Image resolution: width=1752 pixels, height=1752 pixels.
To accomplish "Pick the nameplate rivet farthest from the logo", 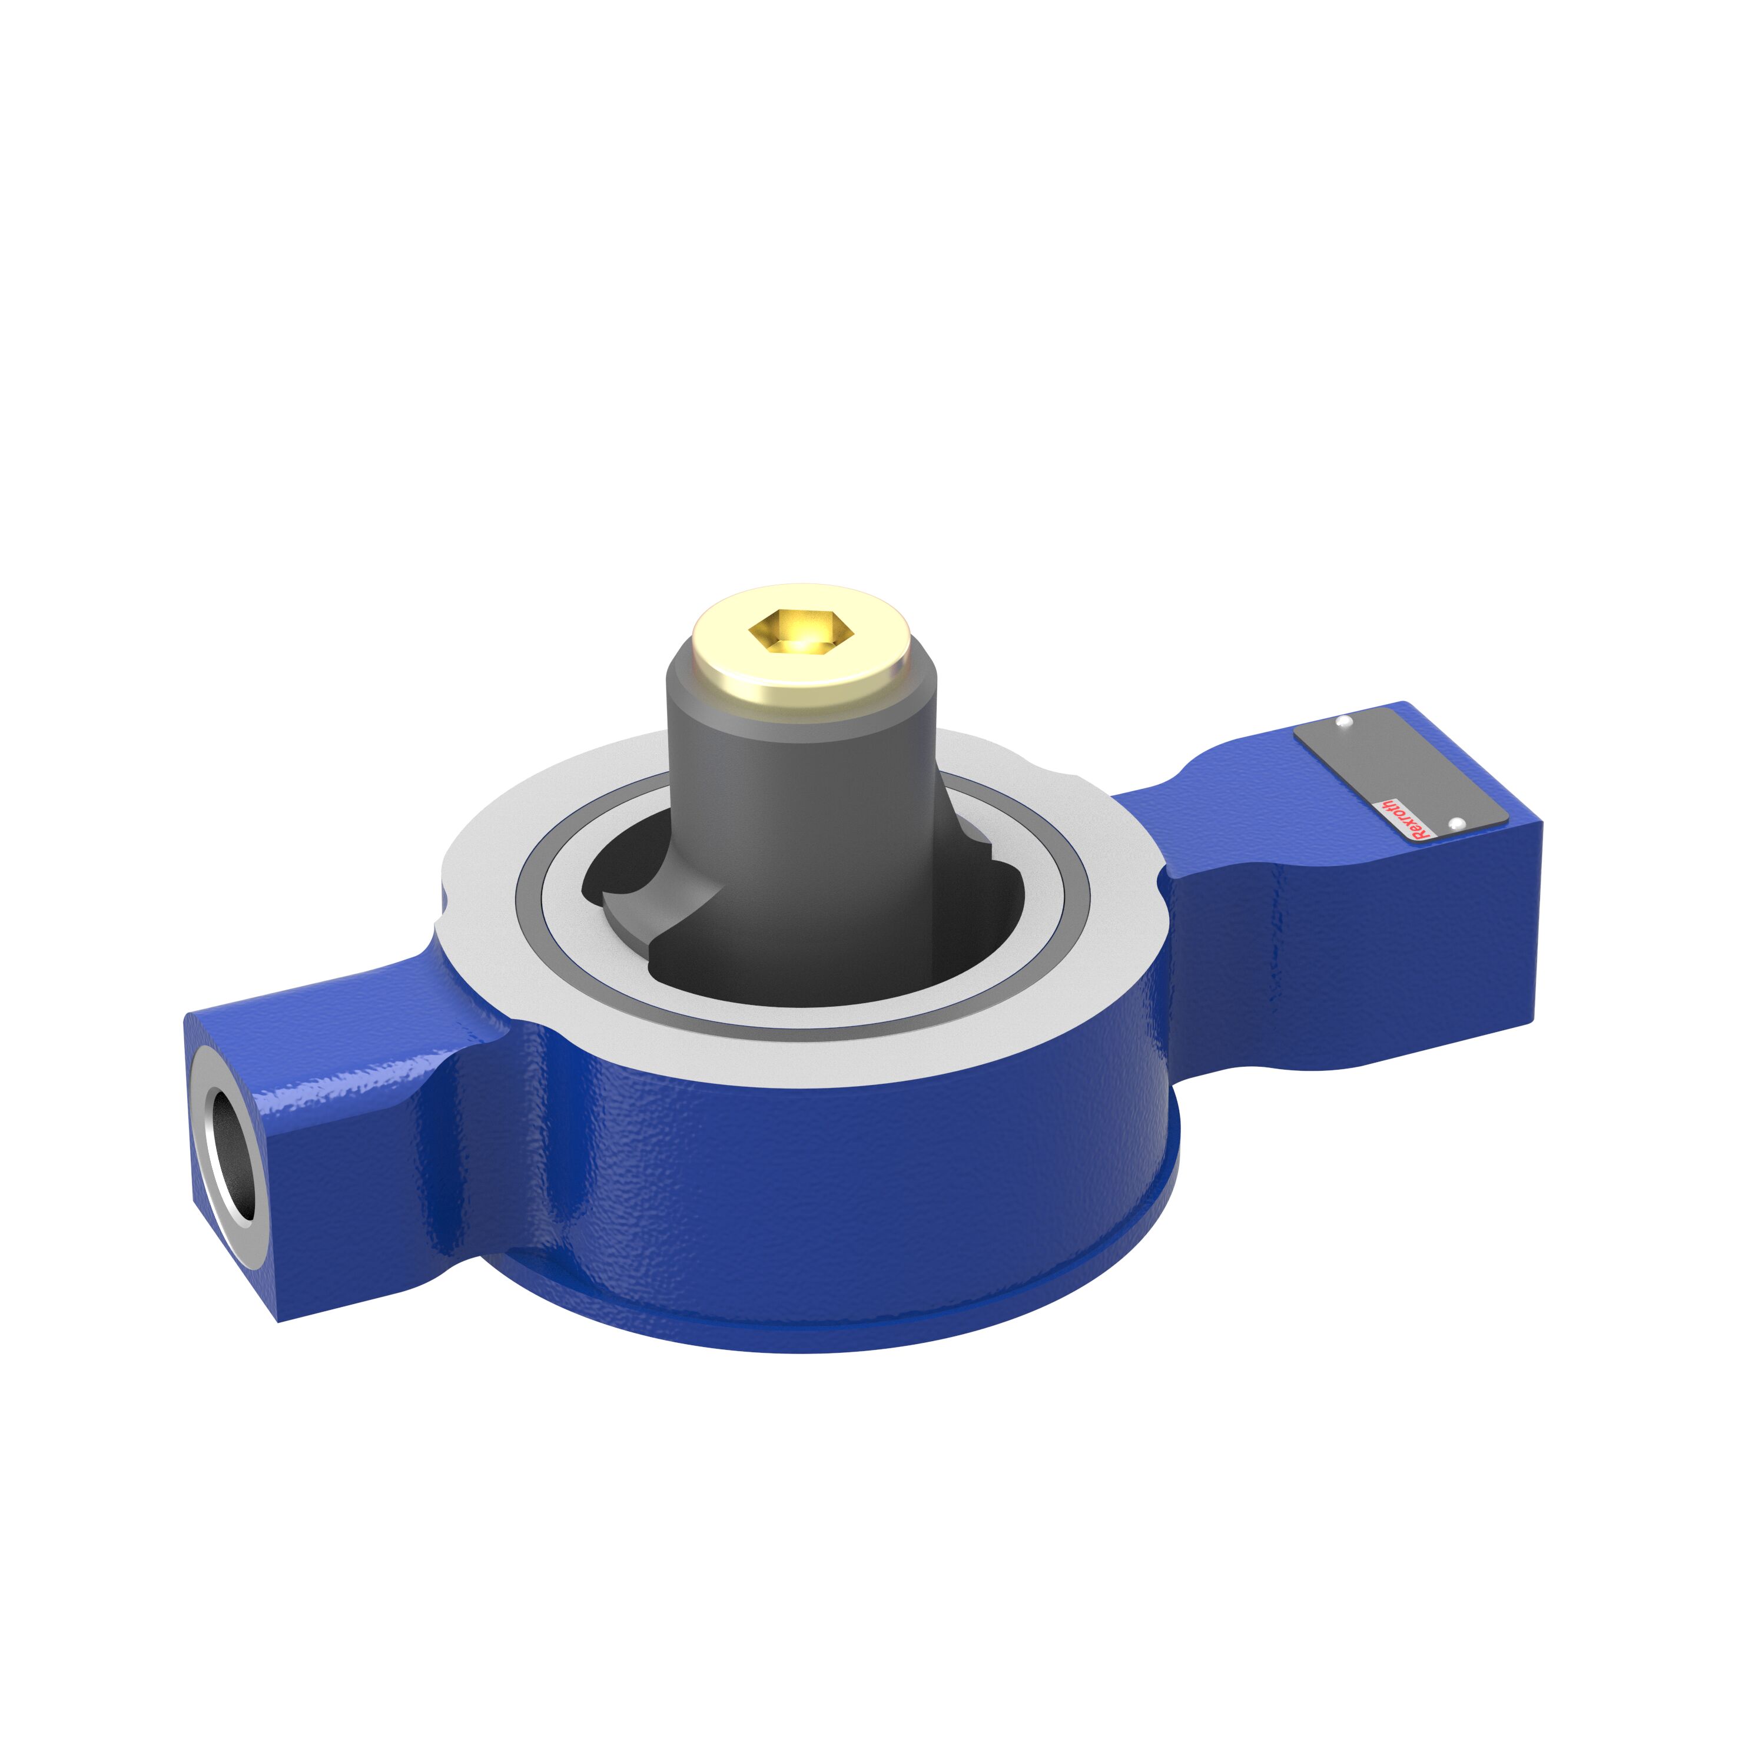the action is click(x=1344, y=722).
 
